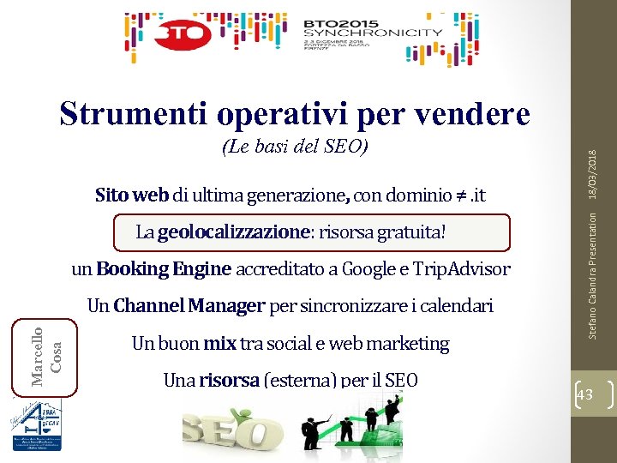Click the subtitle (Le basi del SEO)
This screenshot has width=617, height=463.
(x=295, y=147)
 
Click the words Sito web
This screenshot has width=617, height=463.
(x=132, y=195)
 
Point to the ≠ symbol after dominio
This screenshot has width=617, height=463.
(x=458, y=195)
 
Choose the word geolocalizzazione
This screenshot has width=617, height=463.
(x=231, y=231)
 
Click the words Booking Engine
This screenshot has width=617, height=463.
(x=164, y=269)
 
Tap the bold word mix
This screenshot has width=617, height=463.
(x=219, y=344)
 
